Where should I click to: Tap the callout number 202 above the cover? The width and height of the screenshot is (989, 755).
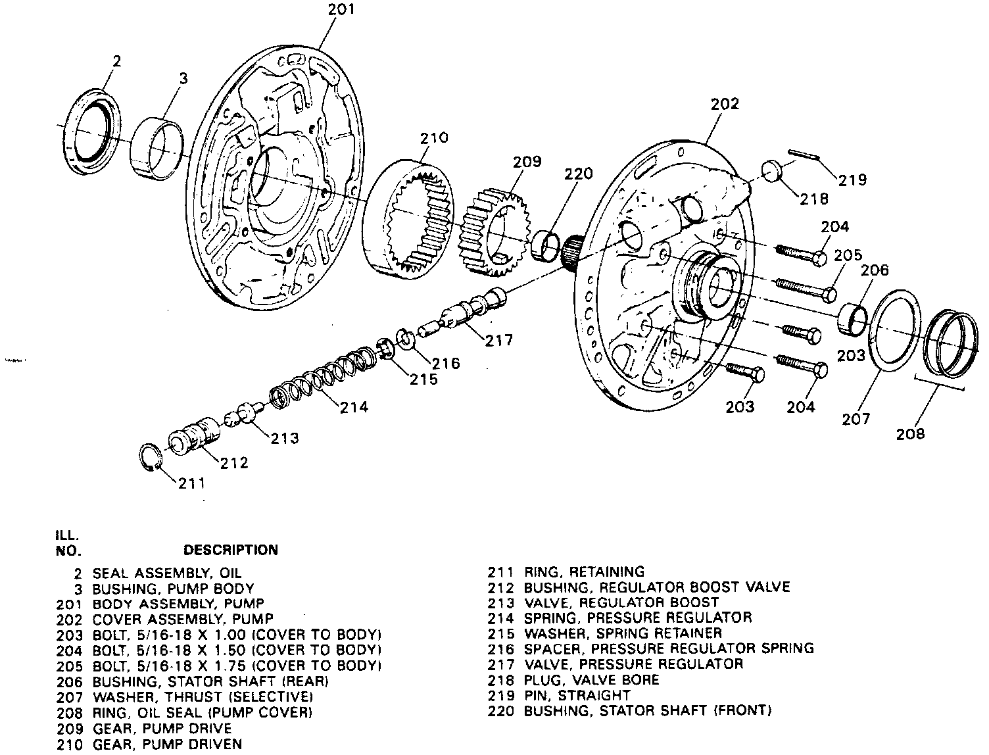(725, 104)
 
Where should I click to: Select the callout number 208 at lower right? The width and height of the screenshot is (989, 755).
(910, 433)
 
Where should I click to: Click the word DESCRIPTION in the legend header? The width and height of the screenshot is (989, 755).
(230, 550)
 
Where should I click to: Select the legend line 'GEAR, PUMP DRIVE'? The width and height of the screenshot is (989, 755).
(162, 729)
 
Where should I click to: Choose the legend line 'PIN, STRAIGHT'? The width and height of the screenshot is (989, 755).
(577, 695)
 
